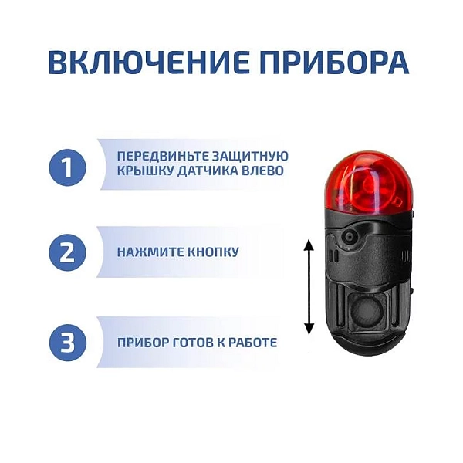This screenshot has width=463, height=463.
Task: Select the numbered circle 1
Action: [x=68, y=168]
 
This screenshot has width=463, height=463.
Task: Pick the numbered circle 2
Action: [x=68, y=252]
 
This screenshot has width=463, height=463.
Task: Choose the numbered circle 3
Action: [x=68, y=342]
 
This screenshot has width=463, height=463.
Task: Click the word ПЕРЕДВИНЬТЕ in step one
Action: [x=156, y=156]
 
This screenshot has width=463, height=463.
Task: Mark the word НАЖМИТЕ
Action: [x=150, y=252]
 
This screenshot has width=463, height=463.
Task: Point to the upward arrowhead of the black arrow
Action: [x=309, y=245]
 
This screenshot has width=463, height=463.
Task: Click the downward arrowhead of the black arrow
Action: [x=309, y=329]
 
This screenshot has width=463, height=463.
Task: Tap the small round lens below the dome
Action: [x=349, y=236]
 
